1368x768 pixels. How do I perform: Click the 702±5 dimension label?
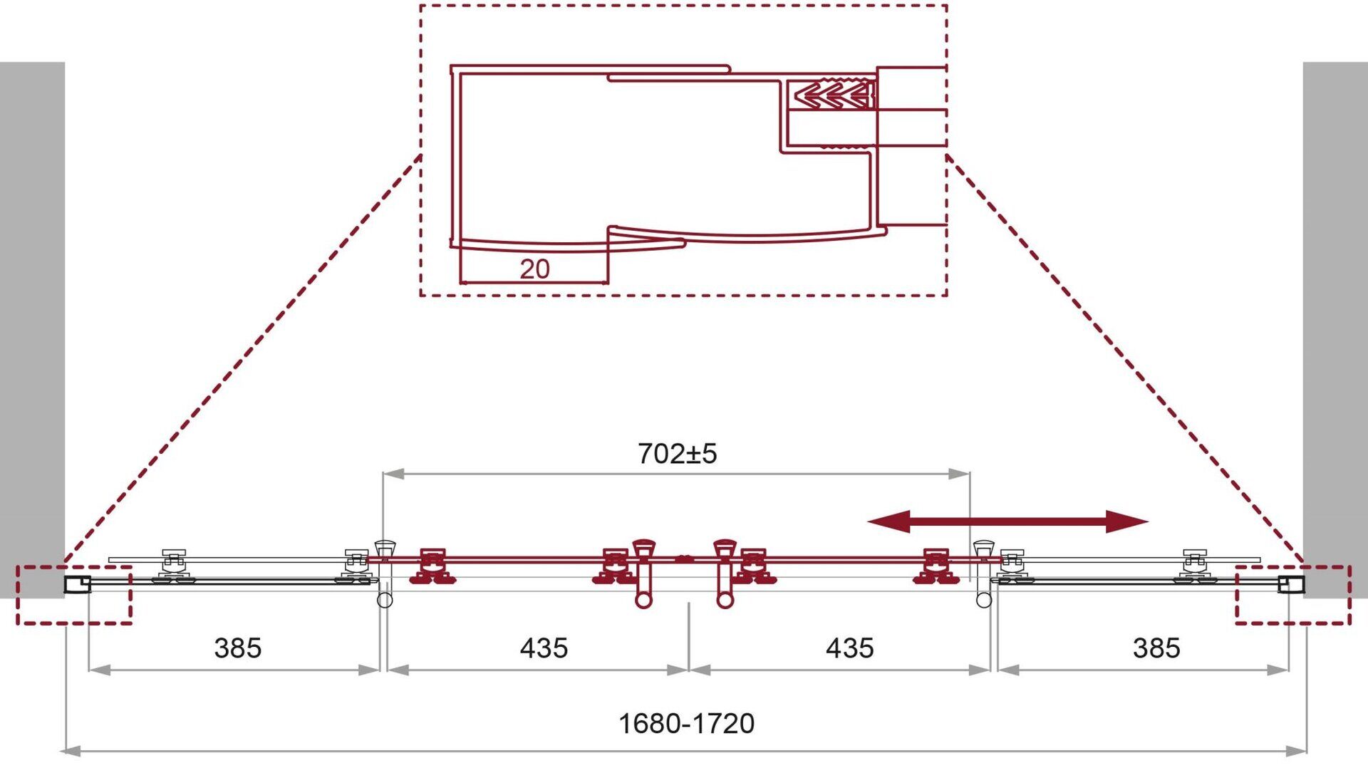point(677,454)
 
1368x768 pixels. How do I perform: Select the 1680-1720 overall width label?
point(686,724)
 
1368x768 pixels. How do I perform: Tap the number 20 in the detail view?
point(534,269)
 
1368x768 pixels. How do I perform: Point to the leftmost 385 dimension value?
point(237,648)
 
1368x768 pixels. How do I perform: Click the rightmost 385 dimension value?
point(1156,648)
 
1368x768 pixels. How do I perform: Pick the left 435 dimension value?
point(544,648)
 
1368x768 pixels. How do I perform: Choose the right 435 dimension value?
point(849,648)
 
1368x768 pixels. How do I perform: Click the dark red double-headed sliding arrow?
point(1007,521)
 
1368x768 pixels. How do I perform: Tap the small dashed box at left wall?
point(74,595)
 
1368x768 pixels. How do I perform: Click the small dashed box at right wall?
point(1292,595)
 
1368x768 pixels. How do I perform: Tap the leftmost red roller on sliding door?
point(432,567)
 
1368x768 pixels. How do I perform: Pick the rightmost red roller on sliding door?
point(936,567)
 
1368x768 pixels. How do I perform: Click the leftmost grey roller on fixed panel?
point(173,567)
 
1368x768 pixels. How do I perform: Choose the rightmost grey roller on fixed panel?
point(1194,567)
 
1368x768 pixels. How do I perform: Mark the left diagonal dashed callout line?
point(242,360)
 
